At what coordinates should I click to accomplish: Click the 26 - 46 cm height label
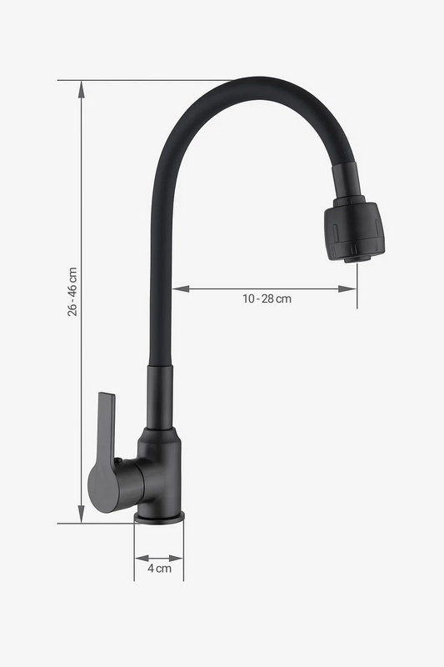pos(72,292)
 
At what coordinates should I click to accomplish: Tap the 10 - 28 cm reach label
pos(267,298)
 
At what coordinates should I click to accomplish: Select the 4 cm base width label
pos(159,569)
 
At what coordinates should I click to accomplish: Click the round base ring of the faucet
pos(159,518)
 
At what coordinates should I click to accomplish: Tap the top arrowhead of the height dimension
pos(81,88)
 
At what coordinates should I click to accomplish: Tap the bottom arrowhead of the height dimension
pos(81,517)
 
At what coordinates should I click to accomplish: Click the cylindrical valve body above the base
pos(160,471)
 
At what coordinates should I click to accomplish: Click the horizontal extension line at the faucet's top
pos(150,80)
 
